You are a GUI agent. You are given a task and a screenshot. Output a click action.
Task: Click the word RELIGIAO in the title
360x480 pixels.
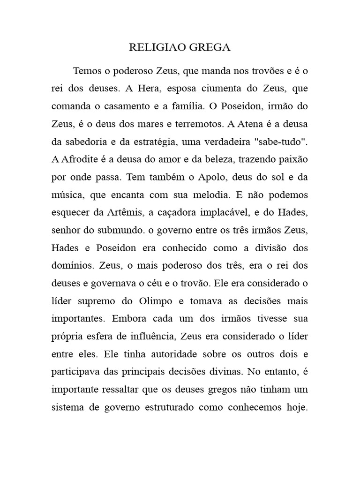tap(152, 48)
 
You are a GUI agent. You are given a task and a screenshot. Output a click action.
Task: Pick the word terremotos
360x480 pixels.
tap(195, 124)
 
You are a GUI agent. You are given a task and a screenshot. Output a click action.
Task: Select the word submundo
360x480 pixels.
tap(115, 230)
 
